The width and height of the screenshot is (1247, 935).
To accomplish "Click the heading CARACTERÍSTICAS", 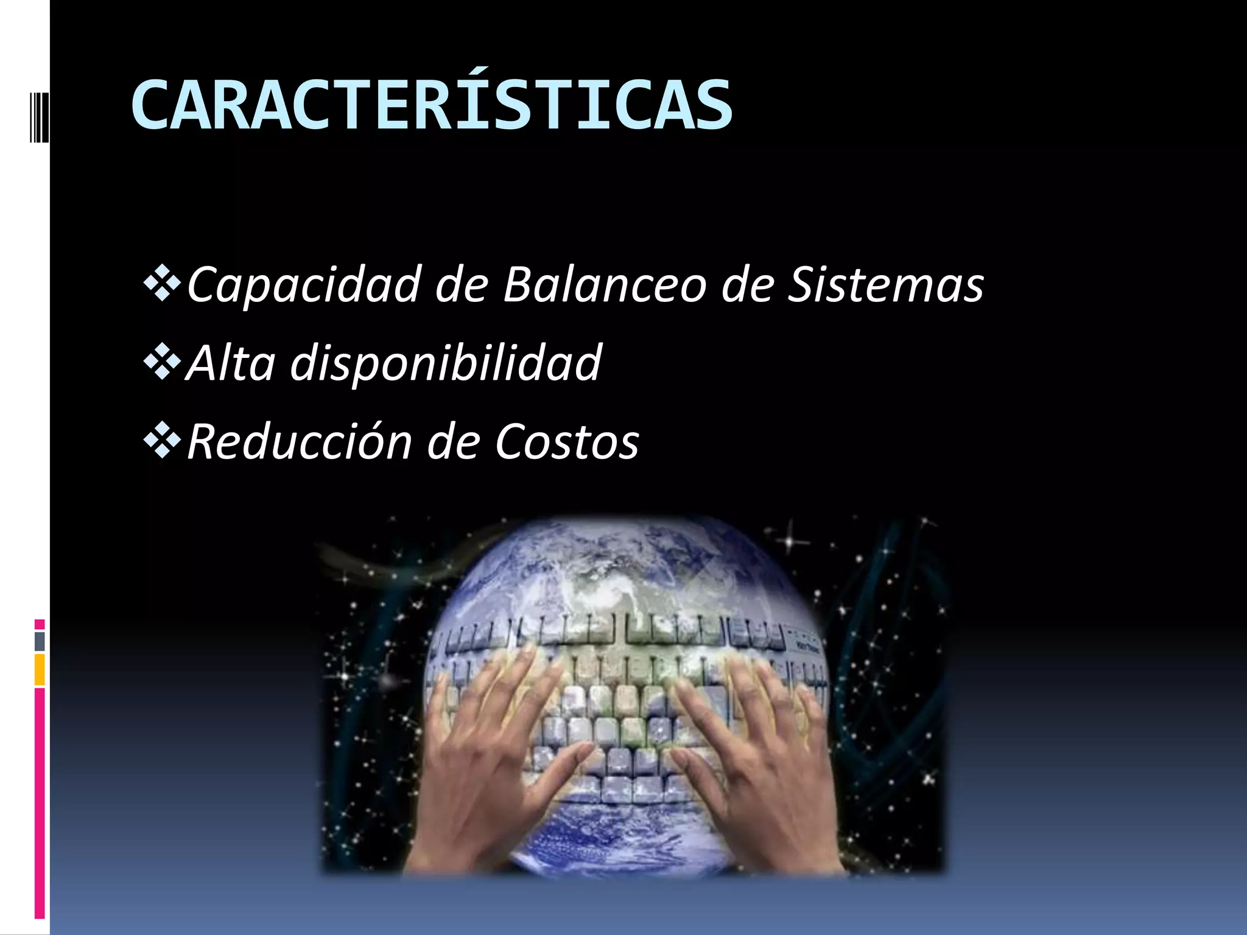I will click(x=431, y=105).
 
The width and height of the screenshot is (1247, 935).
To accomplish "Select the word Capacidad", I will click(x=304, y=284).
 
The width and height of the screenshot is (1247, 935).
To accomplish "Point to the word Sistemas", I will click(x=885, y=284).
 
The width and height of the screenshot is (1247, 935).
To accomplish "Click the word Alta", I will click(x=231, y=363).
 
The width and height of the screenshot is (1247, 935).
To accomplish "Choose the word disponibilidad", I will click(x=446, y=363).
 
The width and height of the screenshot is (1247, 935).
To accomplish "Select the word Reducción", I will click(x=299, y=441).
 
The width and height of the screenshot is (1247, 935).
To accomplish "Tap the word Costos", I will click(x=567, y=441).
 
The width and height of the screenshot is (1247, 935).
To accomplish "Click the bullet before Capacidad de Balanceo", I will click(x=162, y=284).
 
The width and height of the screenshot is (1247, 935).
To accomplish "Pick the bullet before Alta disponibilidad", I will click(x=162, y=362).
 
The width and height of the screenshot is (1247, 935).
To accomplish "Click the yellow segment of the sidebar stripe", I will click(x=40, y=670).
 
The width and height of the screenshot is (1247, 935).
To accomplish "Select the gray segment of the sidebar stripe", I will click(x=40, y=641).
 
